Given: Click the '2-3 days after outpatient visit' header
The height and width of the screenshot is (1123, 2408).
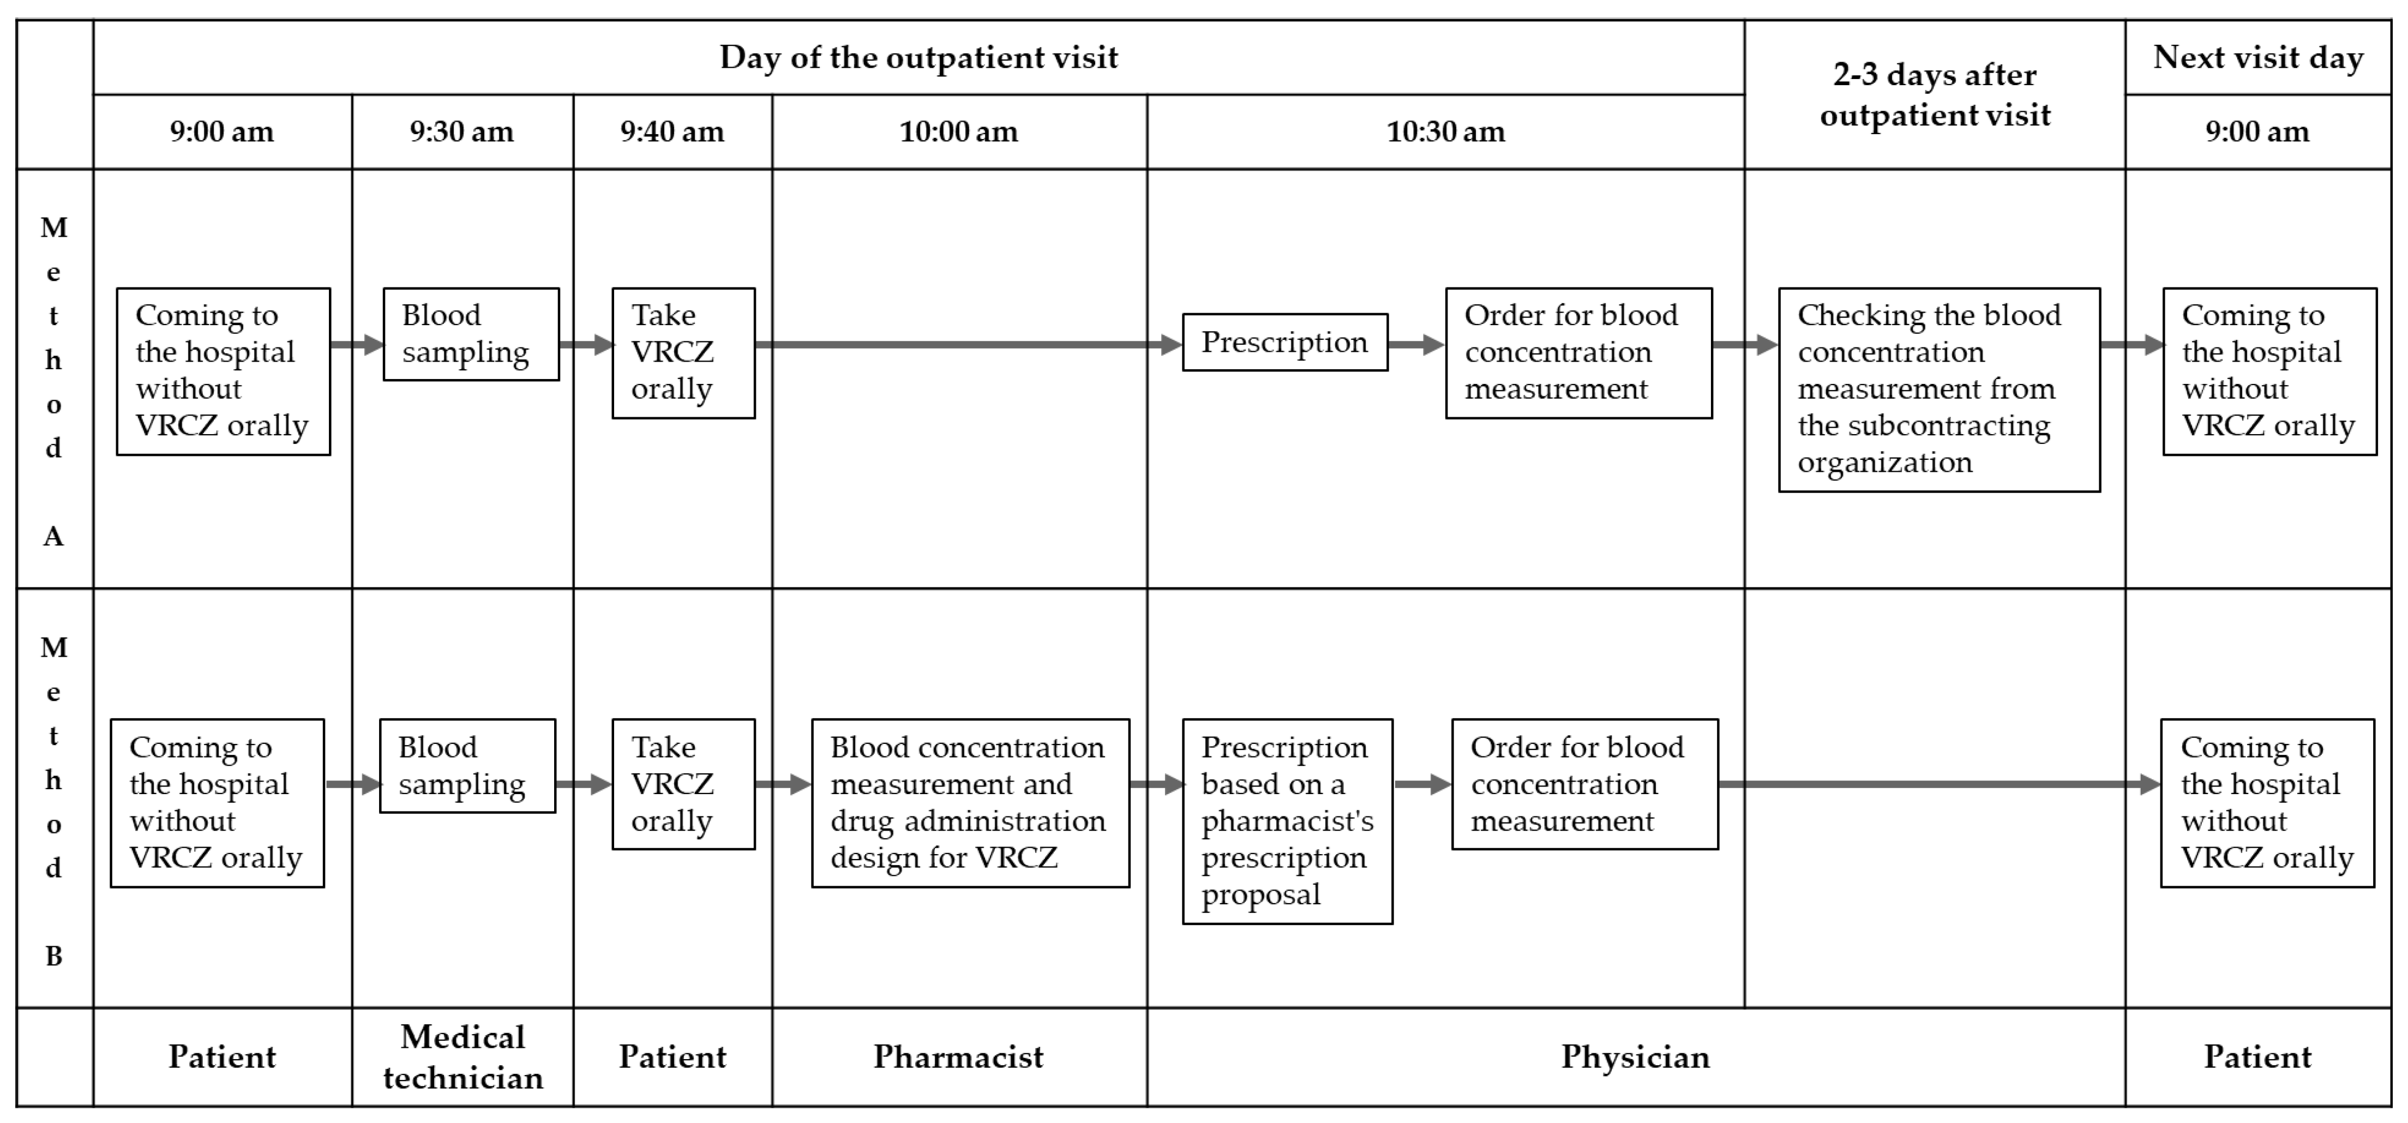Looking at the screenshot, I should coord(1934,94).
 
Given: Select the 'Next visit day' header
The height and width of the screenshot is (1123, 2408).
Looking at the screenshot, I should coord(2257,57).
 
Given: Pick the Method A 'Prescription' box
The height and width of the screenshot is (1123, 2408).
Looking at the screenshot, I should coord(1284,342).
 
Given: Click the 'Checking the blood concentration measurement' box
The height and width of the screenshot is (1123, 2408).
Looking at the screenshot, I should coord(1939,389).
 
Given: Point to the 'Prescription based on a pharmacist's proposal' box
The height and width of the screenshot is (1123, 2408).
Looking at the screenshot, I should coord(1287,821).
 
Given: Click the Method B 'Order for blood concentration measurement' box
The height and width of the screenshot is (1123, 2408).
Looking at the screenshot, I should coord(1584,784).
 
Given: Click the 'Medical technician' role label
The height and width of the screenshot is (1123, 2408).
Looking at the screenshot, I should coord(463,1056).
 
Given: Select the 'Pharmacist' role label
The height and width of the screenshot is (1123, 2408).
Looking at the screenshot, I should coord(958,1056).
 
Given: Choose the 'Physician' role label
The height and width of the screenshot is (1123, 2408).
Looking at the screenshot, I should coord(1635,1056).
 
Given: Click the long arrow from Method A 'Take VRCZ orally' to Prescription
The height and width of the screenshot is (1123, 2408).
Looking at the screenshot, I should coord(963,344).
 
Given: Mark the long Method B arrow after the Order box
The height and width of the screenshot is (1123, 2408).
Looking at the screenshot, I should coord(1935,784).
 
